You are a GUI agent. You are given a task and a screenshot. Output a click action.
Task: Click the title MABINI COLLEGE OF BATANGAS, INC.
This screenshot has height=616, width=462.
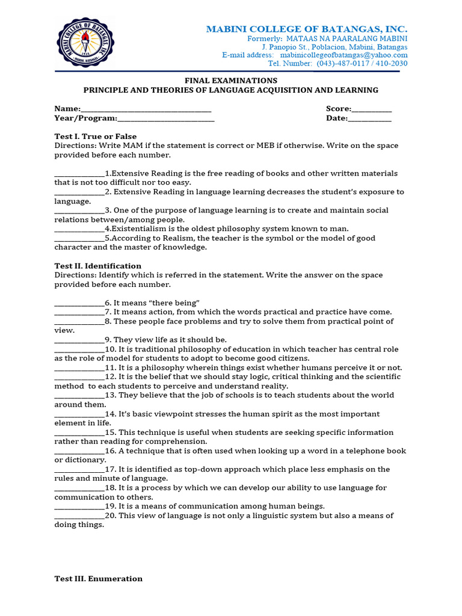click(307, 29)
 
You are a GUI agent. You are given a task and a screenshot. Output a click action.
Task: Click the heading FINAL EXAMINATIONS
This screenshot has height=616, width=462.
click(230, 81)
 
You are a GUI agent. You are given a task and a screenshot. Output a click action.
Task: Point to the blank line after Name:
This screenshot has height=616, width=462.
click(146, 109)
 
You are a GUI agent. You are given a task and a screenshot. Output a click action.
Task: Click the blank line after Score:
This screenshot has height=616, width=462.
click(372, 109)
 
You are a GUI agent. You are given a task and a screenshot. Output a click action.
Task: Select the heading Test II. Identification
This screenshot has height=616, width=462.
click(98, 266)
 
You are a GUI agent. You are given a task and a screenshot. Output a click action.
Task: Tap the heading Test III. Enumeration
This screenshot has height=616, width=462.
click(99, 579)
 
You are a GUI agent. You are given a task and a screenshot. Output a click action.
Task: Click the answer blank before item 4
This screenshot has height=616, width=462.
click(79, 229)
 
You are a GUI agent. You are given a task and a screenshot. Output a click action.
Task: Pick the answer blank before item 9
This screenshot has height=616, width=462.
click(79, 340)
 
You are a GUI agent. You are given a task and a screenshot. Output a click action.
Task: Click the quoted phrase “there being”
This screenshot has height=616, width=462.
click(177, 303)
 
